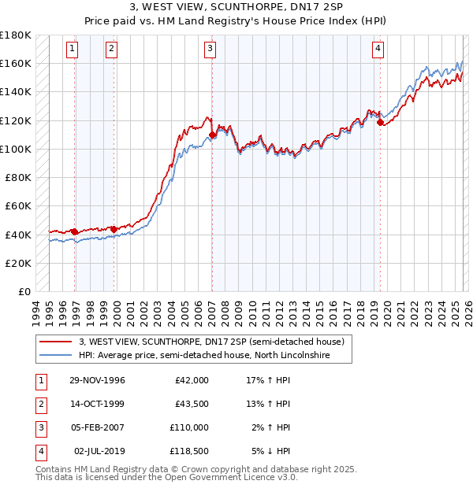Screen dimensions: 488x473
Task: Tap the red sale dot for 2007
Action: pyautogui.click(x=213, y=135)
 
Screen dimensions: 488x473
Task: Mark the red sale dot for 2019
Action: pyautogui.click(x=380, y=123)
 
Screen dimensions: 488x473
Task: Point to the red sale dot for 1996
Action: pyautogui.click(x=75, y=231)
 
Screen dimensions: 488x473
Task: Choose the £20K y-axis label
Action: pyautogui.click(x=18, y=263)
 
